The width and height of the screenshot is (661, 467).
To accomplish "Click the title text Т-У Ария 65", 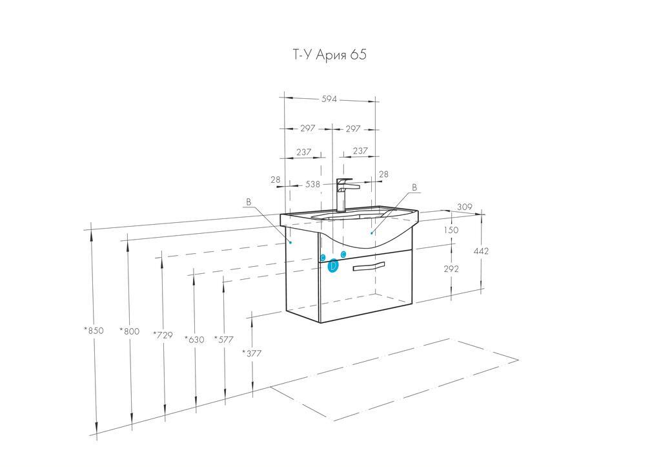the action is (x=330, y=55).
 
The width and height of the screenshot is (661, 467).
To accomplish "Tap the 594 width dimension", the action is (x=329, y=99).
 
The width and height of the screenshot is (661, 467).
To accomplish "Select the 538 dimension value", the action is (x=313, y=184).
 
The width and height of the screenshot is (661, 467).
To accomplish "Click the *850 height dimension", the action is (x=94, y=330).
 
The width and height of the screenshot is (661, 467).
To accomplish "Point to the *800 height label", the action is (x=129, y=331).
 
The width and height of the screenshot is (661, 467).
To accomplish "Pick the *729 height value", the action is (x=163, y=335).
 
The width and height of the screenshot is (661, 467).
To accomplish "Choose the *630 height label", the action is (x=194, y=339).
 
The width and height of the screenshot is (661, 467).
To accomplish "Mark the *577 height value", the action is (x=223, y=339).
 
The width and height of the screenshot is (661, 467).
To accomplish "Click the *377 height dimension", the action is (x=252, y=353).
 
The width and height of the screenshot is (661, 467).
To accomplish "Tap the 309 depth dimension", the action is (x=465, y=207).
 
